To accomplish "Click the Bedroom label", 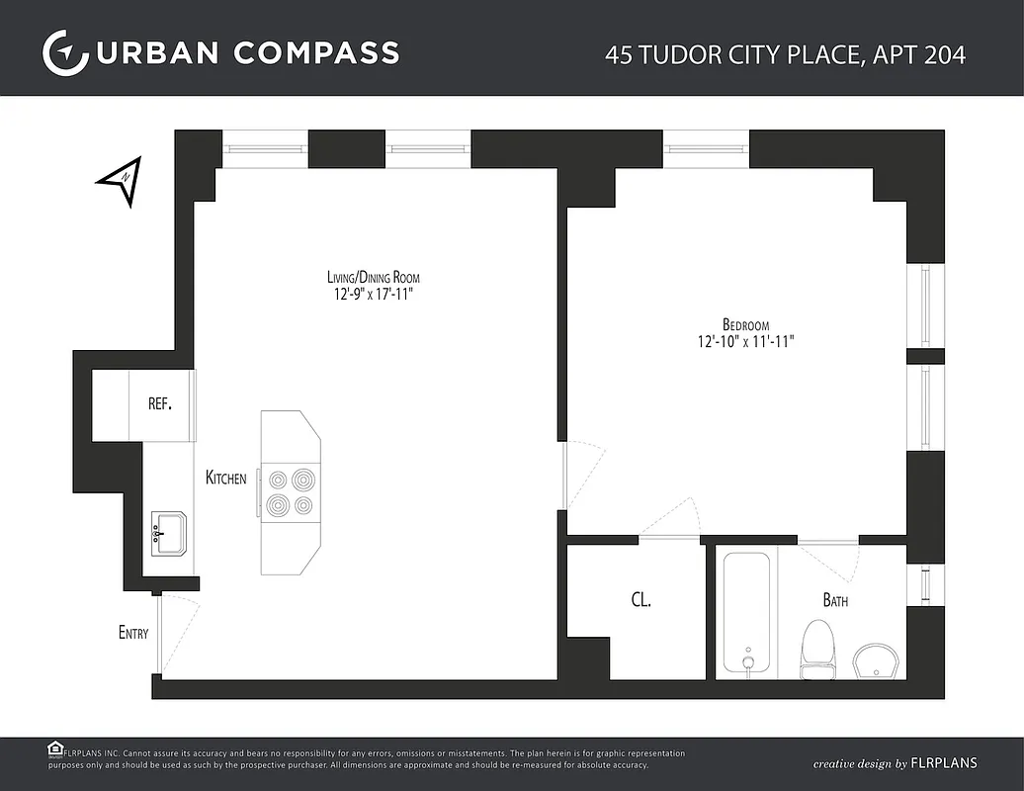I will click(745, 324).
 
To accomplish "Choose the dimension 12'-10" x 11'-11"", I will click(745, 341).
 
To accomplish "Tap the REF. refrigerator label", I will click(160, 403).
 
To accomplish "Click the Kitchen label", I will click(226, 479).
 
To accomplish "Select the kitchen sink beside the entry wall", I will click(169, 535).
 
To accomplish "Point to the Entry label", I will click(133, 633).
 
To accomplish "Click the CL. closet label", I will click(640, 599).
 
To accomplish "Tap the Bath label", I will click(835, 600).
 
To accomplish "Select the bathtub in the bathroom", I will click(746, 613).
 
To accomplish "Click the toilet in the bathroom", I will click(817, 648).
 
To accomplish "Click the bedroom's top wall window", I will click(706, 148).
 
